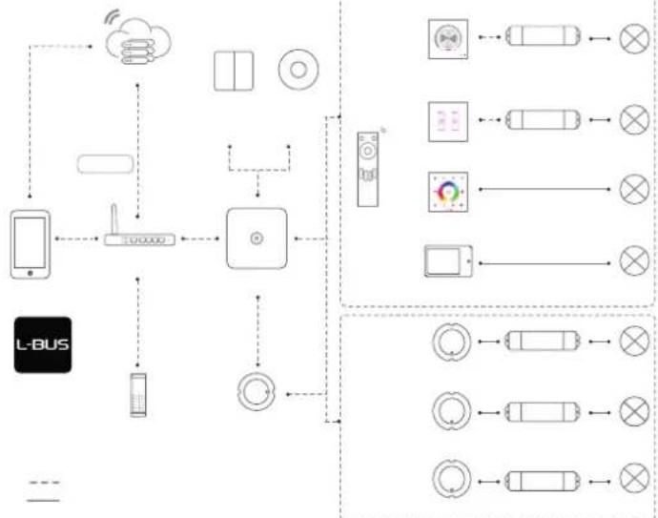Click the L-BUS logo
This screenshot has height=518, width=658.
point(43,344)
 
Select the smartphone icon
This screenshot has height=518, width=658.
point(31,244)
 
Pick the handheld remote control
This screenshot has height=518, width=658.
point(367,169)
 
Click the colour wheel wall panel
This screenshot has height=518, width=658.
point(448,192)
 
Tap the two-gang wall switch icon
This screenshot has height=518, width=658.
point(234,71)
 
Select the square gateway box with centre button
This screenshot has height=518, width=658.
point(257,238)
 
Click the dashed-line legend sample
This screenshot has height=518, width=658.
point(44,483)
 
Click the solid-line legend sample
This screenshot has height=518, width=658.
point(43,501)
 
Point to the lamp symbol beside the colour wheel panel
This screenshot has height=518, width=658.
point(634,189)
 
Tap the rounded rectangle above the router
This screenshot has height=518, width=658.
point(105,164)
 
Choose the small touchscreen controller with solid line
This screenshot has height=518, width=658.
point(448,261)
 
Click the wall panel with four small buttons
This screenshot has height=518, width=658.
point(448,122)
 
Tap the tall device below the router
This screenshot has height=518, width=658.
point(138,395)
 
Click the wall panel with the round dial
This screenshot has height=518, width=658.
point(448,39)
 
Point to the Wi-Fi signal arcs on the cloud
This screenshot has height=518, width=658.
point(112,17)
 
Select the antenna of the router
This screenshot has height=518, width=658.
point(113,219)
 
